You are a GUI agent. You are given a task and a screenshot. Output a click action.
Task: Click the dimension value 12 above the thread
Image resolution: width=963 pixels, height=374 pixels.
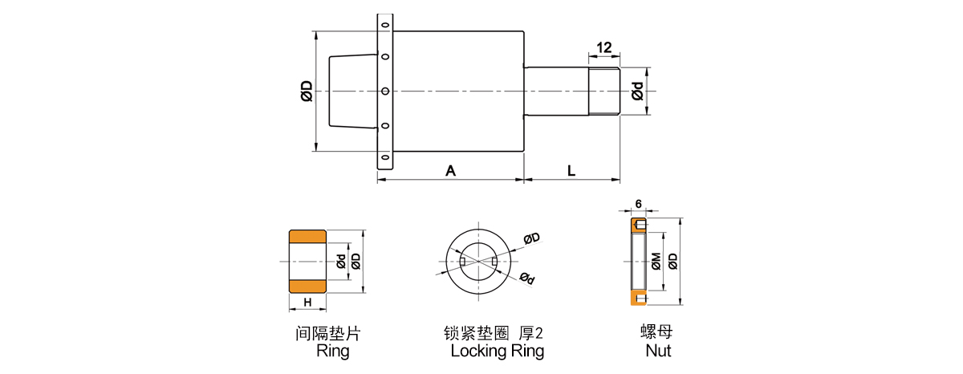pos(605,47)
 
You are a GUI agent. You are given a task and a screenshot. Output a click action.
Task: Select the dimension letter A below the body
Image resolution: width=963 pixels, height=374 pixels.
pos(450,170)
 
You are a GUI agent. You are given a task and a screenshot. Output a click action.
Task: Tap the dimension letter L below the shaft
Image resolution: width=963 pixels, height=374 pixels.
pos(571,170)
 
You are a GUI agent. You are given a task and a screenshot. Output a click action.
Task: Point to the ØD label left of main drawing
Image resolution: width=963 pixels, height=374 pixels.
pos(306,91)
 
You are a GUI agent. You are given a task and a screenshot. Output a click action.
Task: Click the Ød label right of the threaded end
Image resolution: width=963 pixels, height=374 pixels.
pos(637,91)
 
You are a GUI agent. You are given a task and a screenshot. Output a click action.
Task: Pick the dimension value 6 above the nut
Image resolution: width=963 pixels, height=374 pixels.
pos(639,204)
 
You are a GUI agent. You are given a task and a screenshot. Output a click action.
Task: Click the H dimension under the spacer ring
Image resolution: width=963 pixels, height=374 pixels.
pos(307,302)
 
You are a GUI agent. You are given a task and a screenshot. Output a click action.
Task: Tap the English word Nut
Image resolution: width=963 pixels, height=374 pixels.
pos(657,351)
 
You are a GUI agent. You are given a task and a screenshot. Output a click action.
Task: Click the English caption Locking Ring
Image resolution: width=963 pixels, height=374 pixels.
pos(498,351)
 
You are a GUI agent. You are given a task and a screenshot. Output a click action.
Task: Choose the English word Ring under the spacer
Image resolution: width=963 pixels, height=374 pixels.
pos(333,351)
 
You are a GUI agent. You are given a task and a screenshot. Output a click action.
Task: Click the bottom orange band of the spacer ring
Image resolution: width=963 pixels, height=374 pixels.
pos(307,287)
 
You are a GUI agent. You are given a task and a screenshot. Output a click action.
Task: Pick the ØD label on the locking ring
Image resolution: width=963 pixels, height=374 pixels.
pos(532,239)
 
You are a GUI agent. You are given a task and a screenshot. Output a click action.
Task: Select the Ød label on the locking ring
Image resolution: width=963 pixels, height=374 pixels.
pos(527,278)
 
